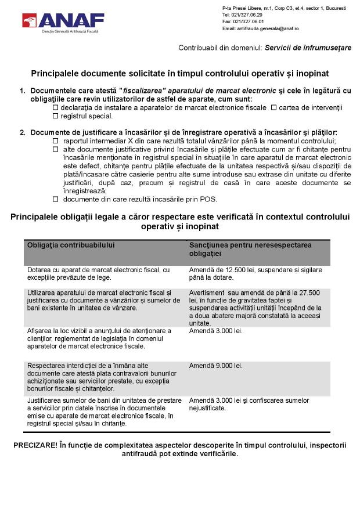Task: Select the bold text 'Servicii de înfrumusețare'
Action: (308, 48)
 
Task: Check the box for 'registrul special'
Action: (56, 117)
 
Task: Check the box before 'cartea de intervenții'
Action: (273, 108)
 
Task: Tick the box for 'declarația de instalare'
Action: (56, 108)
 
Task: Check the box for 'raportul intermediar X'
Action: (56, 141)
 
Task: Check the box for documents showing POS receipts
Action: (56, 199)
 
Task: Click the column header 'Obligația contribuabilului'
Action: (71, 245)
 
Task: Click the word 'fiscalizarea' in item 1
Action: (143, 91)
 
